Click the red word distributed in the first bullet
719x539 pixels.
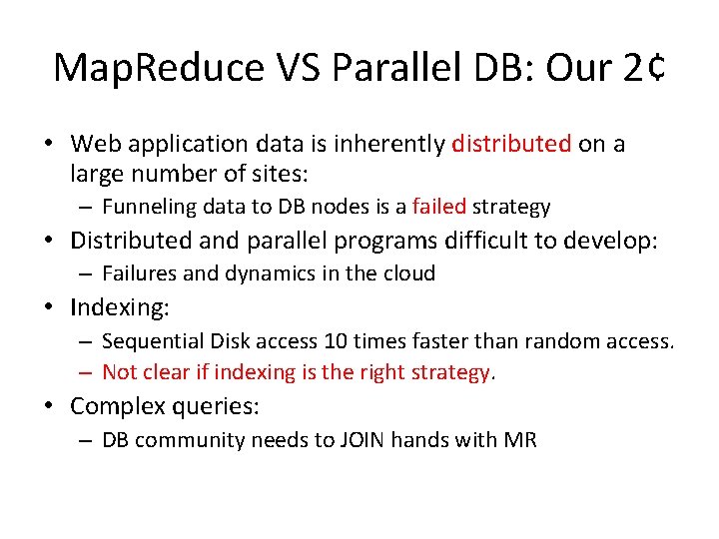pos(511,144)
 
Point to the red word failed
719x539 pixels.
pos(437,207)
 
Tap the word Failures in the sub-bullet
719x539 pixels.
pos(137,272)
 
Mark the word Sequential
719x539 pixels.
pos(151,341)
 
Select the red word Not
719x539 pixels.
pos(119,372)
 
